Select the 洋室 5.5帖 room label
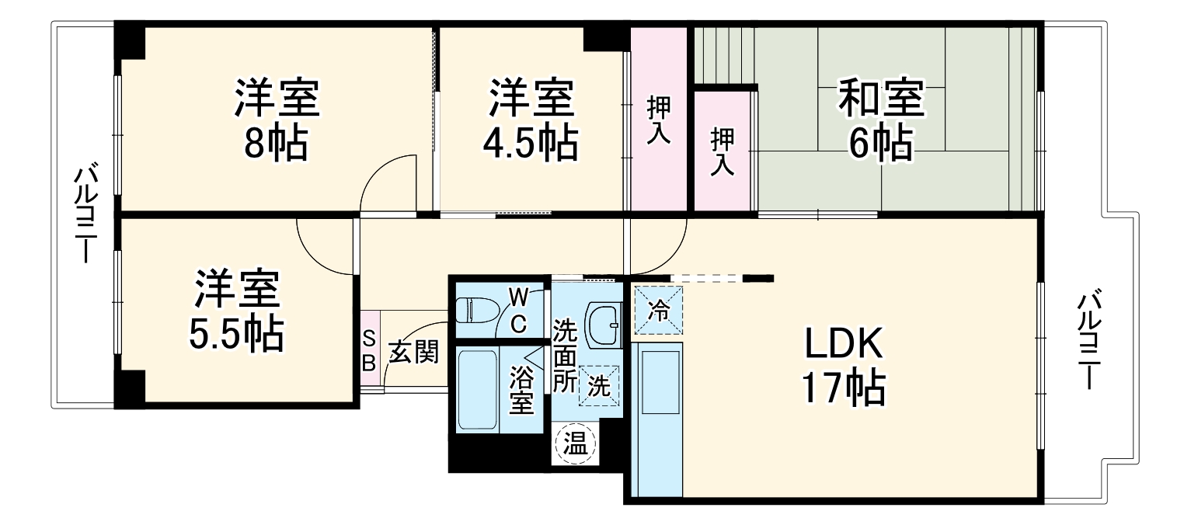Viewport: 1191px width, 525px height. point(236,311)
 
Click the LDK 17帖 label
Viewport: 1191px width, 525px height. point(844,365)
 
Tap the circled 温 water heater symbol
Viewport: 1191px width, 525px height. point(575,445)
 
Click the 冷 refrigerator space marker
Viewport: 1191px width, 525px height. point(658,311)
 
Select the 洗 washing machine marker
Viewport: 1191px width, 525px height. point(598,386)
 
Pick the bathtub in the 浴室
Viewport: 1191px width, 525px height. point(477,388)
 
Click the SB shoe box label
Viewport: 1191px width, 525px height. point(371,350)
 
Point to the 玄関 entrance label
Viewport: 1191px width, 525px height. point(413,352)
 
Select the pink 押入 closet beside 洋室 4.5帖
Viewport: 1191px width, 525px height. point(659,120)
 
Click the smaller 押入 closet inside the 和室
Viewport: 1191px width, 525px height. point(723,151)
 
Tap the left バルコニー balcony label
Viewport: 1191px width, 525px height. point(84,214)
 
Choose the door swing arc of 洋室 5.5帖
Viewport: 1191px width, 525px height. point(322,249)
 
